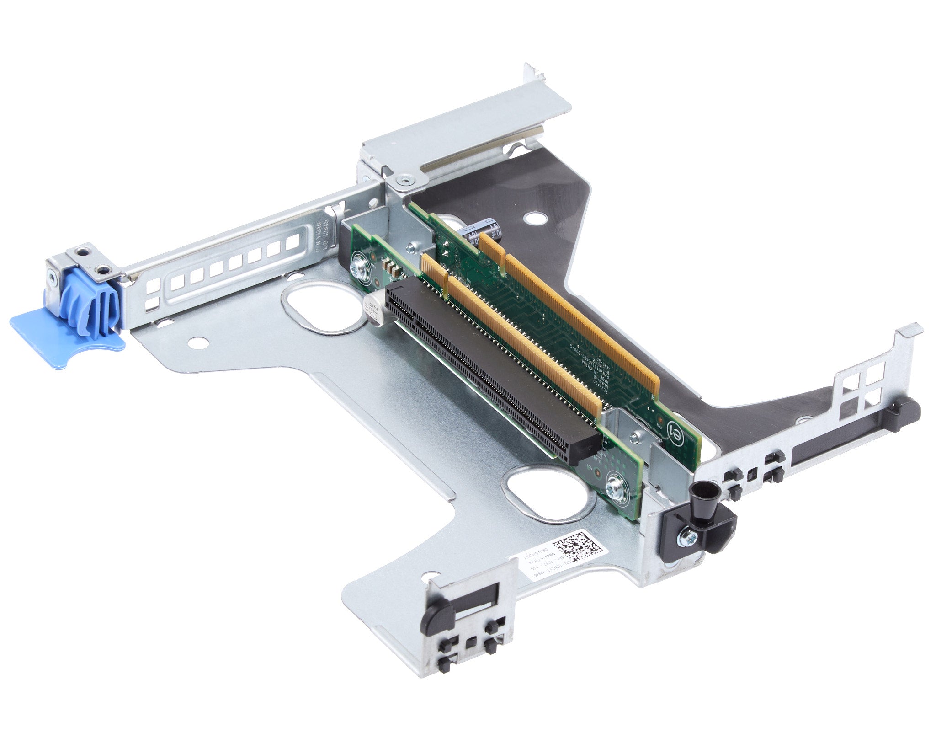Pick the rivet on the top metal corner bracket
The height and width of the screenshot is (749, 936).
402,181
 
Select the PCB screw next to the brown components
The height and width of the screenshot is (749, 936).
357,268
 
